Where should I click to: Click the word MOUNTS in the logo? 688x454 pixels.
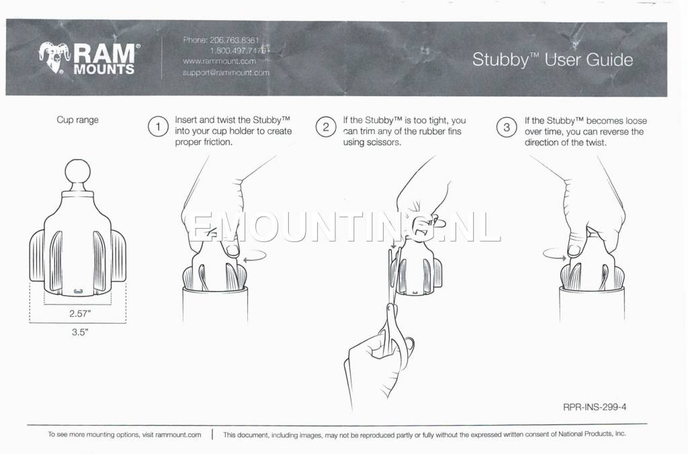[x=104, y=69]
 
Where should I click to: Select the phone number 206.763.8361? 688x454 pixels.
[x=234, y=40]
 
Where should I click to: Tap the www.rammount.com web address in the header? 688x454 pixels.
[x=219, y=61]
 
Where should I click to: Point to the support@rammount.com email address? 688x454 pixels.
[x=226, y=73]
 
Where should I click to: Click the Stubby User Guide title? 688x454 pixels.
[x=552, y=60]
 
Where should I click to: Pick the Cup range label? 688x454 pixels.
[x=78, y=120]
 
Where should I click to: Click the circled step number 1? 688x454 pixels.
[x=158, y=127]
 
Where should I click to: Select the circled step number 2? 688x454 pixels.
[x=326, y=127]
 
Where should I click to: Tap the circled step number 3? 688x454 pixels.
[x=507, y=127]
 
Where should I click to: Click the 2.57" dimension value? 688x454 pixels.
[x=80, y=313]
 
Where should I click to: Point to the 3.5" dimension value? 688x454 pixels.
[x=79, y=332]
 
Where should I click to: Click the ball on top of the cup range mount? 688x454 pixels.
[x=78, y=172]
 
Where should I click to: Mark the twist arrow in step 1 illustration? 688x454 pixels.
[x=255, y=256]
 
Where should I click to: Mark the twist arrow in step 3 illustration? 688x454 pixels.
[x=554, y=254]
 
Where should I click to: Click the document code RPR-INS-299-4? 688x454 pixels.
[x=595, y=407]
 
